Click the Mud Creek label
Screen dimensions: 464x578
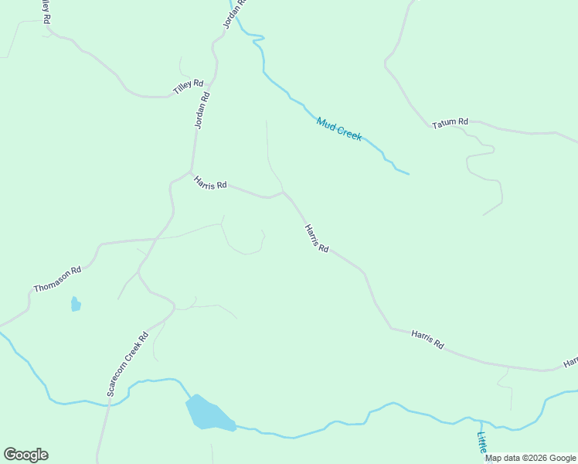coord(338,128)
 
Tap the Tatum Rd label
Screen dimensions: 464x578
coord(450,122)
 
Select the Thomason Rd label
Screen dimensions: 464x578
coord(57,280)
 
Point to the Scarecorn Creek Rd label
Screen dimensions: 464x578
coord(127,364)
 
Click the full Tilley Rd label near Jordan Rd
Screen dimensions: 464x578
coord(188,87)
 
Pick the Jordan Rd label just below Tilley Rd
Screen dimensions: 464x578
coord(202,110)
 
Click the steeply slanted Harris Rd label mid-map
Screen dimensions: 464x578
coord(317,238)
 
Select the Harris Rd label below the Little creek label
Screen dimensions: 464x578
coord(427,339)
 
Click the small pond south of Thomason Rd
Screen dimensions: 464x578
coord(76,304)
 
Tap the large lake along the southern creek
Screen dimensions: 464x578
coord(207,414)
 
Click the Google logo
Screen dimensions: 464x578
coord(25,455)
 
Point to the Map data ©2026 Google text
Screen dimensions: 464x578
coord(530,458)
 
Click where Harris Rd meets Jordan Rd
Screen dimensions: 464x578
coord(191,172)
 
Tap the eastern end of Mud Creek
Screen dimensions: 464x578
coord(407,173)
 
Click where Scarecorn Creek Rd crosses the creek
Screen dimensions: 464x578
coord(109,403)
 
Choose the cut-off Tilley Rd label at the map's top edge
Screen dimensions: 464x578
coord(46,11)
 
